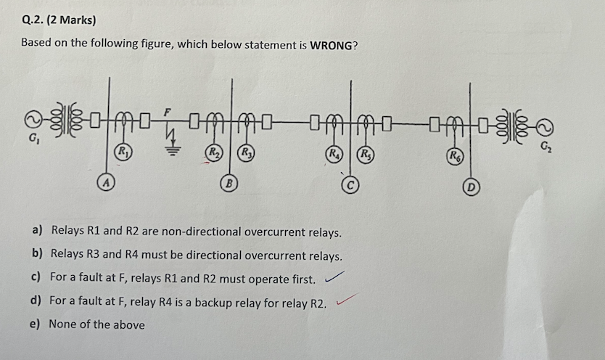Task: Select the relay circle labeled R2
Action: point(214,153)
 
